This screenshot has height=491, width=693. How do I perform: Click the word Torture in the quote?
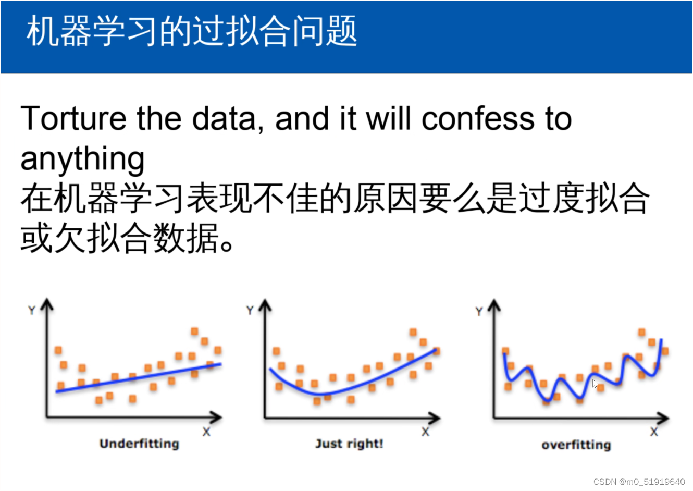pyautogui.click(x=73, y=118)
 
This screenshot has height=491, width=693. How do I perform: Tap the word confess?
pyautogui.click(x=478, y=118)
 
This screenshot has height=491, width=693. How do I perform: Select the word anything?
pyautogui.click(x=83, y=159)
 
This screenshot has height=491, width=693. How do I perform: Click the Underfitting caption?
pyautogui.click(x=139, y=444)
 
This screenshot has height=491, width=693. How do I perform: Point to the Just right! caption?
pyautogui.click(x=349, y=444)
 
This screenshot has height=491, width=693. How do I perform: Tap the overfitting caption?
pyautogui.click(x=576, y=445)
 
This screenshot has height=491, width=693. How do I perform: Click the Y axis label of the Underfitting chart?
pyautogui.click(x=32, y=310)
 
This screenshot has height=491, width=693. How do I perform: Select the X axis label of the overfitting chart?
pyautogui.click(x=654, y=432)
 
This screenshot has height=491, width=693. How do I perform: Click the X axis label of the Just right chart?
pyautogui.click(x=425, y=432)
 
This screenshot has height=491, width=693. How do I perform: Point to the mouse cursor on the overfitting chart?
pyautogui.click(x=595, y=384)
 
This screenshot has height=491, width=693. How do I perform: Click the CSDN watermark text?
pyautogui.click(x=639, y=482)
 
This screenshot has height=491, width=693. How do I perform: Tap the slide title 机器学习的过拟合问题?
pyautogui.click(x=192, y=31)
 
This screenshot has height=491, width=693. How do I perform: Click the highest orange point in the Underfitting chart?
pyautogui.click(x=194, y=332)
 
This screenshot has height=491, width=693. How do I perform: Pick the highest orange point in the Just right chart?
pyautogui.click(x=413, y=332)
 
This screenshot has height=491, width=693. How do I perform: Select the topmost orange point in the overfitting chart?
pyautogui.click(x=641, y=332)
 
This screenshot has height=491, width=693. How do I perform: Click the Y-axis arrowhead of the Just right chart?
pyautogui.click(x=265, y=305)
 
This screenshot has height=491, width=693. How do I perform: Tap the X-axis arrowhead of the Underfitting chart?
pyautogui.click(x=216, y=417)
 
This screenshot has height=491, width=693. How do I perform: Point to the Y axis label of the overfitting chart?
pyautogui.click(x=479, y=311)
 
